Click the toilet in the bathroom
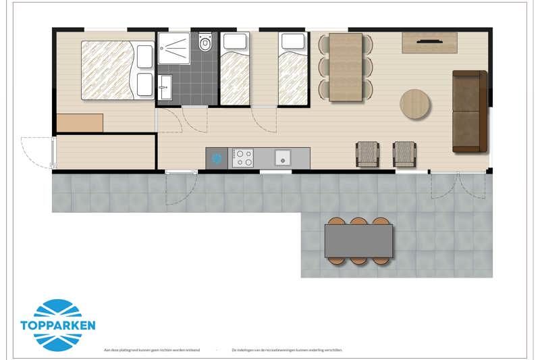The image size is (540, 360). [205, 43]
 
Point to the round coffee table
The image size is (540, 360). [415, 104]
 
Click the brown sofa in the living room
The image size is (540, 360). [469, 111]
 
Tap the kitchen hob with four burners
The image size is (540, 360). [243, 158]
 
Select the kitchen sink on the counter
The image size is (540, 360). [281, 158]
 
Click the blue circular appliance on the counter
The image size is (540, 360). [217, 159]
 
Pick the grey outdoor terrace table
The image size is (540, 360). [358, 240]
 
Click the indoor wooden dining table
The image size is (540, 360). [346, 66]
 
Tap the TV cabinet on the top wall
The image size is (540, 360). [429, 43]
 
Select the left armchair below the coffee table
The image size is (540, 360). [368, 154]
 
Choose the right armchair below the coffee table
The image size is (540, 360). [404, 154]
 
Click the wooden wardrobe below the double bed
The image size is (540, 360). [80, 123]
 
